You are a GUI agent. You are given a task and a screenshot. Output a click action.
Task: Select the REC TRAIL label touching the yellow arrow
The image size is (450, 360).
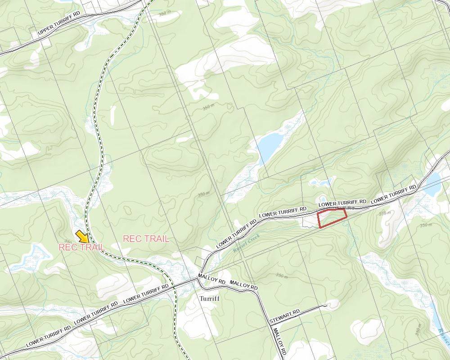pos(81,247)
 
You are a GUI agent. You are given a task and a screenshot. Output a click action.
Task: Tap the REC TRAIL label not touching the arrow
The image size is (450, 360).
pos(146,239)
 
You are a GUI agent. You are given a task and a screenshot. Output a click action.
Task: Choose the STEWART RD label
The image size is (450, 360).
pos(284,315)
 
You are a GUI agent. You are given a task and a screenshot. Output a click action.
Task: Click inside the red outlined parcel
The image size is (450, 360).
pos(332,218)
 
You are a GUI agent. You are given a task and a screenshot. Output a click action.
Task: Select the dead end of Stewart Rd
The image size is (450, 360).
pos(325,306)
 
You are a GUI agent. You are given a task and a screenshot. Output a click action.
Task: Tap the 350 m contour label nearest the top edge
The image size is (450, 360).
pos(165,13)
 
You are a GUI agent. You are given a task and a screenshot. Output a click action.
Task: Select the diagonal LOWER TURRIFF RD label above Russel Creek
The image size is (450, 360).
pos(236,233)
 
